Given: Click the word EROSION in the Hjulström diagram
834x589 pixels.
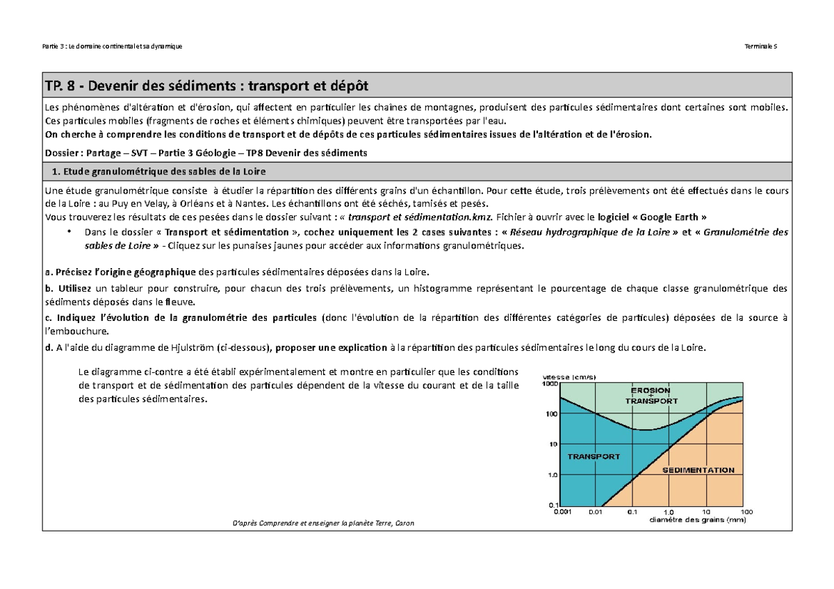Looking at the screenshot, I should tap(651, 390).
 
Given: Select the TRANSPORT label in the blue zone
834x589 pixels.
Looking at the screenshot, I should tap(594, 457).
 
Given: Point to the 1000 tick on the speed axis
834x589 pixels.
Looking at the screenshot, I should tap(550, 383).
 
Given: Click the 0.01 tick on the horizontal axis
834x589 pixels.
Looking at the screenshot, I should tap(596, 512).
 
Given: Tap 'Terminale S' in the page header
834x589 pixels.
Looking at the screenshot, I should tap(762, 46).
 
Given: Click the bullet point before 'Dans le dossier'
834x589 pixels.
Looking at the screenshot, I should tap(68, 232).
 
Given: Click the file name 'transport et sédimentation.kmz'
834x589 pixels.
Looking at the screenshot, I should tap(424, 216).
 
